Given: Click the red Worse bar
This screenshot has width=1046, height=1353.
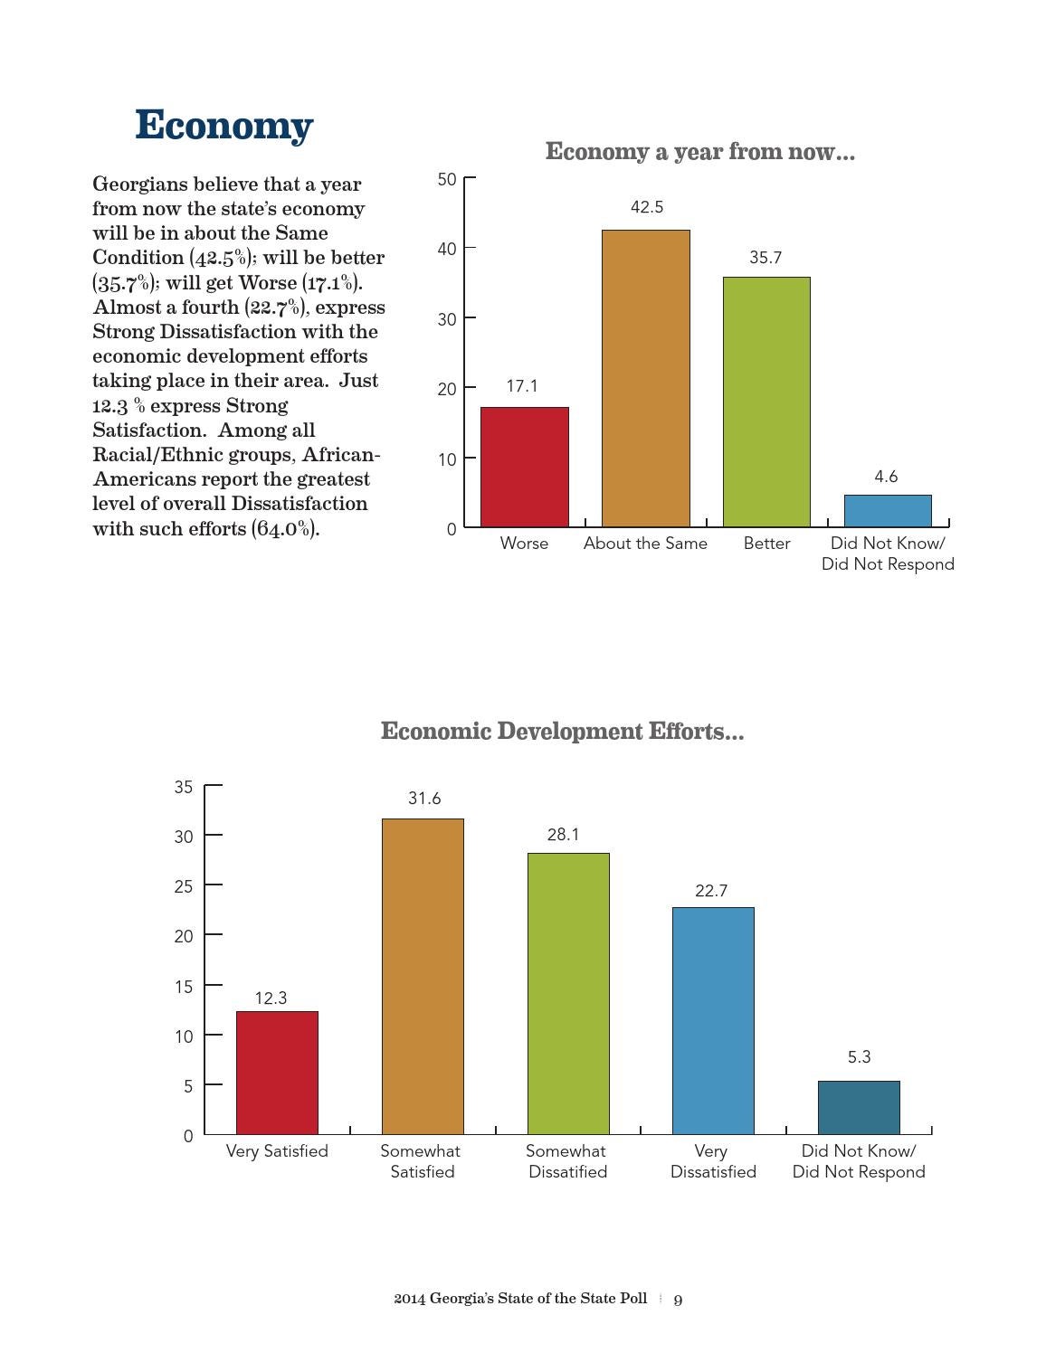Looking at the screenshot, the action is (524, 467).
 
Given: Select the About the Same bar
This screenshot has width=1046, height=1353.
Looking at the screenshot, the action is (645, 379).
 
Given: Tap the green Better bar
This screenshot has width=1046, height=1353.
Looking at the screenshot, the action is (766, 402).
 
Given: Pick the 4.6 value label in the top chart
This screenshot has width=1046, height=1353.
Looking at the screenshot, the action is (885, 477).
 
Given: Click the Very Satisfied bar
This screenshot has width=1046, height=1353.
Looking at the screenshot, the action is (277, 1073).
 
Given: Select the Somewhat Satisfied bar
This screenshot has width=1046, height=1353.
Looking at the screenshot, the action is (423, 976).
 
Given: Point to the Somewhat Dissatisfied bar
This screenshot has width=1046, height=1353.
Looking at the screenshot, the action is (568, 994).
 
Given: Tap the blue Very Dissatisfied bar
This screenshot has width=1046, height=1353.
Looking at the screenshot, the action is (713, 1020).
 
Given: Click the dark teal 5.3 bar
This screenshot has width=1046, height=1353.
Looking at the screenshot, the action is (859, 1108).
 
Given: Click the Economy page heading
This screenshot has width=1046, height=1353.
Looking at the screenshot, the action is (224, 125).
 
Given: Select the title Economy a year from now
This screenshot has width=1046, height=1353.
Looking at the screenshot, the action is (700, 151).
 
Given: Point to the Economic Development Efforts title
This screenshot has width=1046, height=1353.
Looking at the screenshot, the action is (563, 731).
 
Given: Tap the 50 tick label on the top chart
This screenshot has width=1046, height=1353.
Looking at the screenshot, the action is (447, 179).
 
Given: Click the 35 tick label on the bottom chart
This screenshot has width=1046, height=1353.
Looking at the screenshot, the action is (183, 787).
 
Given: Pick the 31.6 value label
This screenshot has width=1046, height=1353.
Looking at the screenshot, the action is (424, 799).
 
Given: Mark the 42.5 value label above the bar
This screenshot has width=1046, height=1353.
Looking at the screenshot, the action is (647, 207).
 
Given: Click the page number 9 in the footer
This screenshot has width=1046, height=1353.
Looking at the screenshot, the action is (678, 1300).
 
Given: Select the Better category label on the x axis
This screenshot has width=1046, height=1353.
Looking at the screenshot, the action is (766, 544).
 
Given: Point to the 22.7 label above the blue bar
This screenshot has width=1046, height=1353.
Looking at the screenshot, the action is (711, 890).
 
